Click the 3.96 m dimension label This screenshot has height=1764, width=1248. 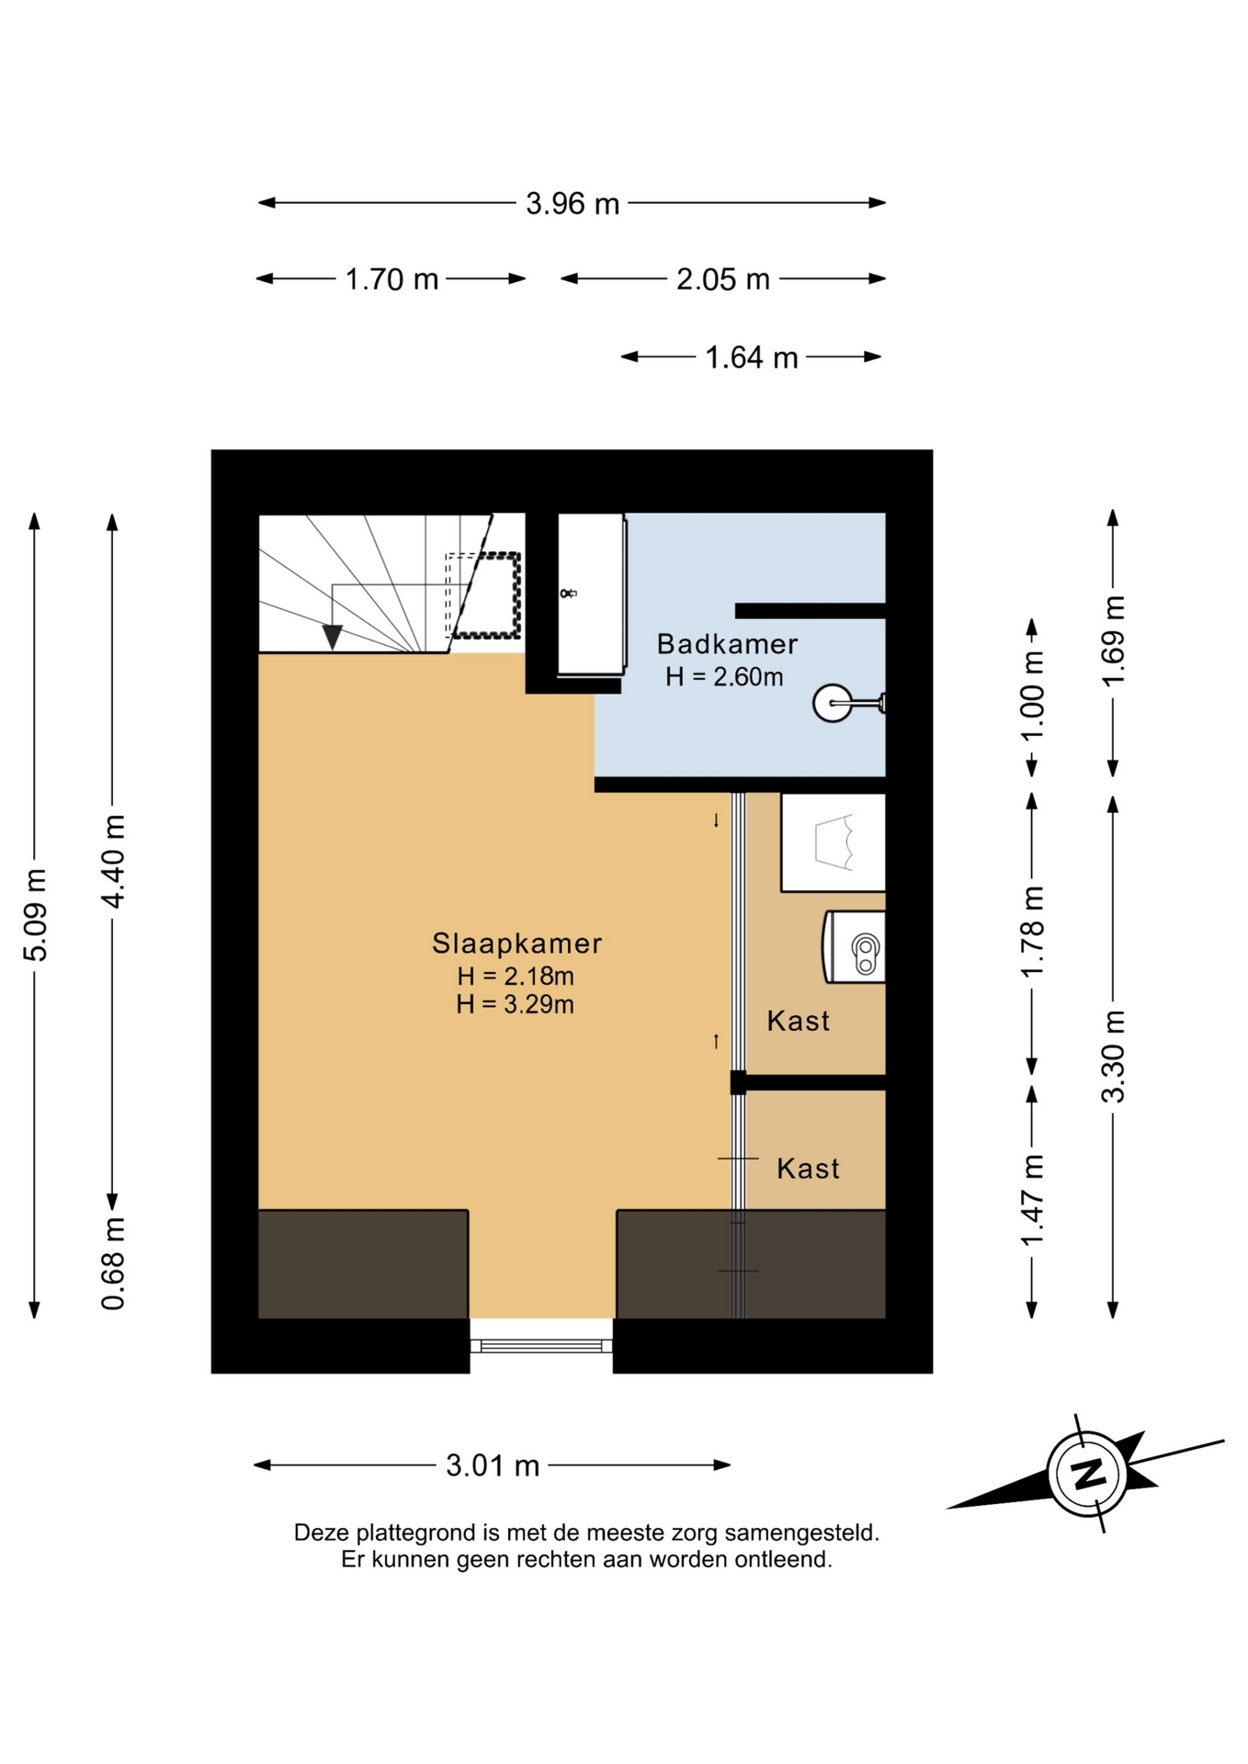click(x=573, y=203)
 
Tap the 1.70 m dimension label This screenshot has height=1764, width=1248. click(x=391, y=278)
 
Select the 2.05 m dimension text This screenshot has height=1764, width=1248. click(x=723, y=278)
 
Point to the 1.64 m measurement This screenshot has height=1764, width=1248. click(x=752, y=356)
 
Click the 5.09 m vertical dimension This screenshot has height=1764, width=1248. click(x=35, y=915)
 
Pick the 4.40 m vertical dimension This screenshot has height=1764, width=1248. click(x=112, y=861)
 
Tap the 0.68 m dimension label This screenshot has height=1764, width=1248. click(x=112, y=1263)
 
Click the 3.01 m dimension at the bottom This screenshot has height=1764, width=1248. click(x=493, y=1465)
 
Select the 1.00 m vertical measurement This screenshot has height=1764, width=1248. click(x=1032, y=695)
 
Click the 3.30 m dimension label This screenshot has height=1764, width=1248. click(x=1113, y=1056)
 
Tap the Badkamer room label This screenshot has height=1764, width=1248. click(x=727, y=644)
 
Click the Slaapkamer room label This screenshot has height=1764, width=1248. click(x=517, y=944)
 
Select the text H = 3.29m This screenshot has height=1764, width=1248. click(x=516, y=1004)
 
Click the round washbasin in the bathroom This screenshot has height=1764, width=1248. click(x=834, y=704)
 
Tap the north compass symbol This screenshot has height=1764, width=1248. click(x=1088, y=1474)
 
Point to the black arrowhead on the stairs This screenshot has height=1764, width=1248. click(x=332, y=637)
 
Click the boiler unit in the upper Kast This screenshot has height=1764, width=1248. click(x=855, y=947)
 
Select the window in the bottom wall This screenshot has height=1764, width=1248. click(x=541, y=1346)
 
